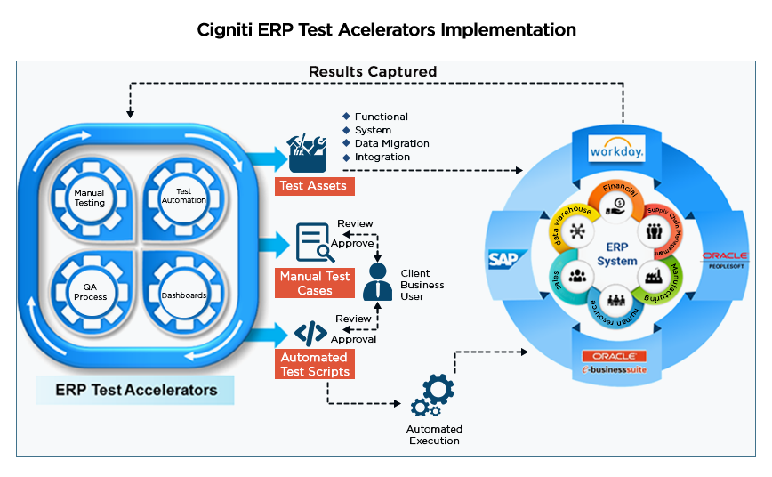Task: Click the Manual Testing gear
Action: (x=89, y=198)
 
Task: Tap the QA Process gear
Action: (x=89, y=292)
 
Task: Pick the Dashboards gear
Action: (x=183, y=295)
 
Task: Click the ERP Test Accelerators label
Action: (x=136, y=390)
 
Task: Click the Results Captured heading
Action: (x=373, y=71)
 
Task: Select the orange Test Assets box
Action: (x=315, y=186)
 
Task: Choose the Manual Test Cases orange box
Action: (x=315, y=283)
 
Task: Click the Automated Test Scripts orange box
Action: (x=315, y=364)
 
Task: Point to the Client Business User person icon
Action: (x=379, y=282)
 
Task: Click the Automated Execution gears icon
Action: (x=432, y=396)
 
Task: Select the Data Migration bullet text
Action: (x=391, y=143)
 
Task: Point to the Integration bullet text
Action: (x=382, y=157)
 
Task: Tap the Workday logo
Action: (x=616, y=150)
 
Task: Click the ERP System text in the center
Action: (x=616, y=254)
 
